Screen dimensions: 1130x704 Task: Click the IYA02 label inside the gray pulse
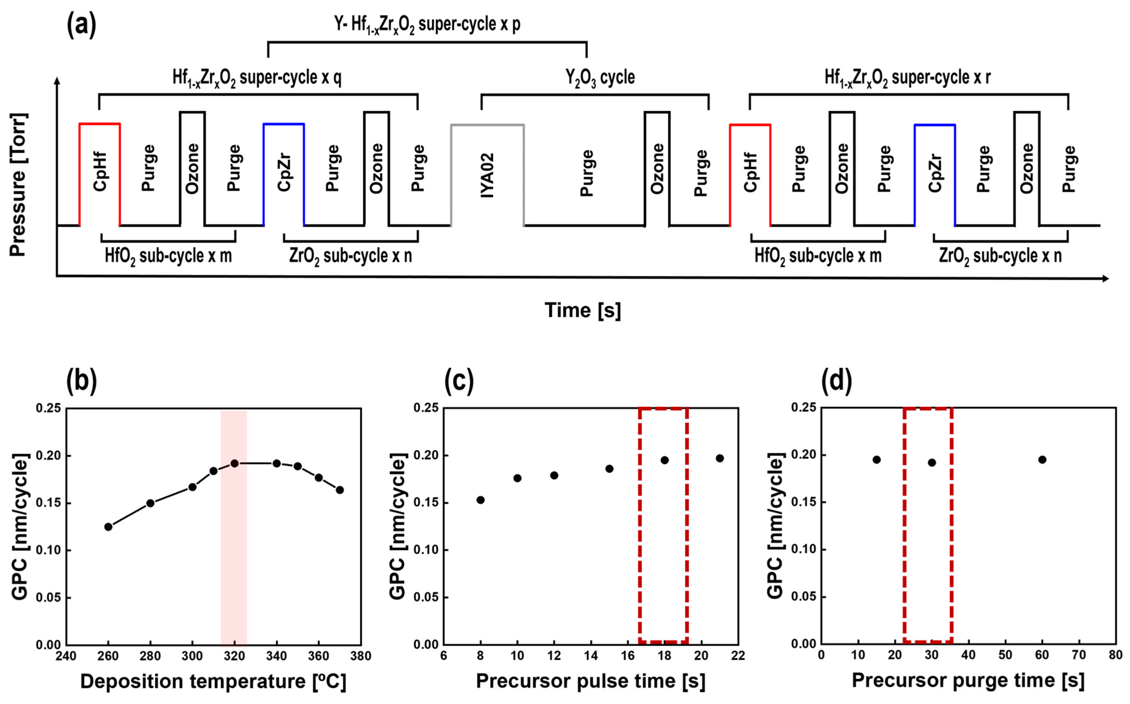[x=487, y=175]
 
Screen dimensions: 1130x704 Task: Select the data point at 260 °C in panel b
[x=108, y=527]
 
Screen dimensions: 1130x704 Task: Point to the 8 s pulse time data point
[x=481, y=500]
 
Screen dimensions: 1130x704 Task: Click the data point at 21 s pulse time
[x=720, y=458]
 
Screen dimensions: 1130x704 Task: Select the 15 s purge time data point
[x=877, y=459]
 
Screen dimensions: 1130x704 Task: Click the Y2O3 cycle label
[x=600, y=77]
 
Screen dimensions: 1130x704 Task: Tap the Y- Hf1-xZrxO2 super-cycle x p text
[x=427, y=24]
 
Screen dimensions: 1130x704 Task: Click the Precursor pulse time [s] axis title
[x=590, y=681]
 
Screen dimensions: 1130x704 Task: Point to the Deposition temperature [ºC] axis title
[x=213, y=682]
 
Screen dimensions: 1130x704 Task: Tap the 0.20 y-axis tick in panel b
[x=48, y=456]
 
